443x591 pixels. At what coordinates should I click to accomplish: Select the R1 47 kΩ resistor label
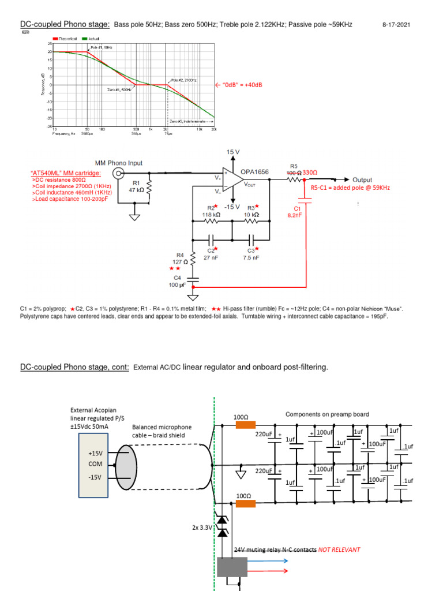[137, 186]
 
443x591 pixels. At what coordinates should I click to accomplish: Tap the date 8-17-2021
[396, 25]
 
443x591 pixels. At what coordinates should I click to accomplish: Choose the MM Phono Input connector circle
[118, 173]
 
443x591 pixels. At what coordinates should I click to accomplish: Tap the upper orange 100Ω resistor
[245, 425]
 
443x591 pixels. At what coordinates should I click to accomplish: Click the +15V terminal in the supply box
[93, 454]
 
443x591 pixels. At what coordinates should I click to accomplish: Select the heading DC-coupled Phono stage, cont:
[75, 368]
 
